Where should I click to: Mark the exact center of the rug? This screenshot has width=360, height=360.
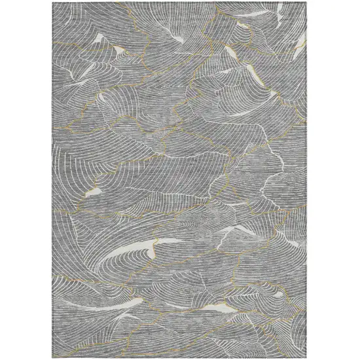pos(180,180)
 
